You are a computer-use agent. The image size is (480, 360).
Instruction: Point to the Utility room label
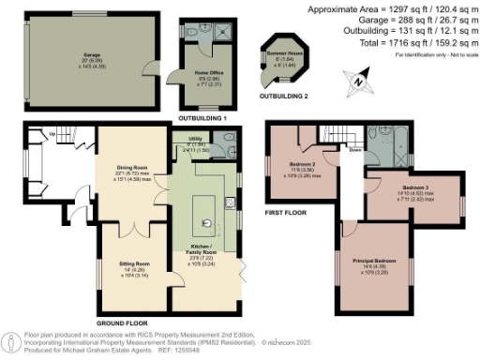click(185, 142)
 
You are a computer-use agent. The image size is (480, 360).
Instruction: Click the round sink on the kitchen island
click(207, 223)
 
